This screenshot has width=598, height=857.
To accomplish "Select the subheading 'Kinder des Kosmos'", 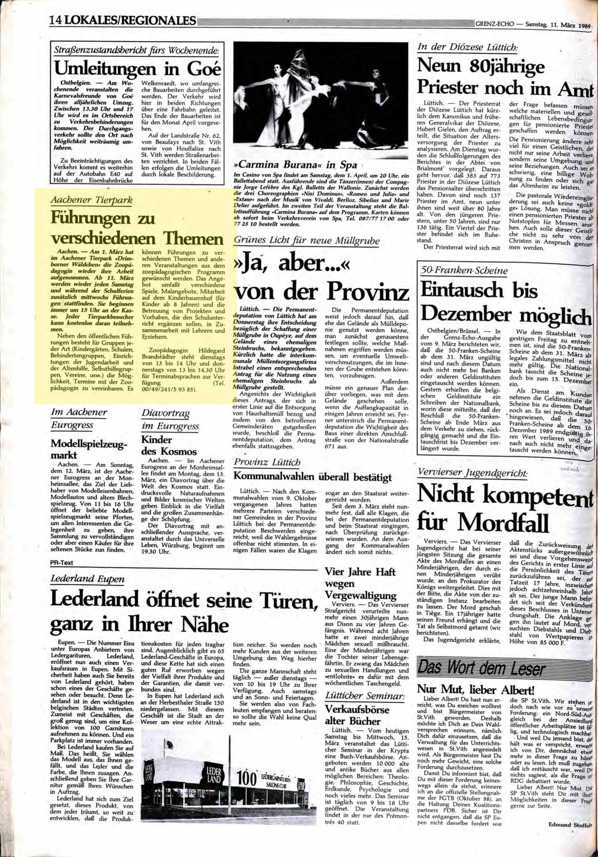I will point(161,445).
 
